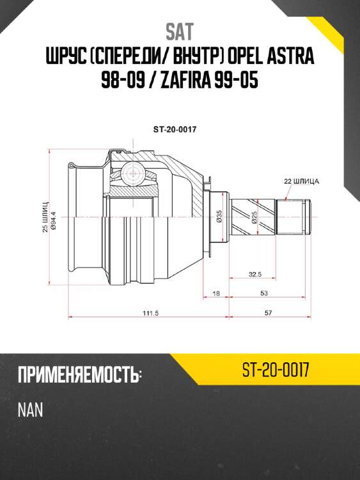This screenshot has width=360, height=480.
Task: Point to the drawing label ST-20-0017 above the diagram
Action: (x=174, y=128)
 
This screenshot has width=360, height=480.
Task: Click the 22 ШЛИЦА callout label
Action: (x=301, y=182)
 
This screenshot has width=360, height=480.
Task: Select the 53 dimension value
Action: (x=264, y=293)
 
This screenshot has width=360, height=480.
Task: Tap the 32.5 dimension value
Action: (x=255, y=275)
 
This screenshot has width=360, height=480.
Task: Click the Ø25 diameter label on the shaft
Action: (x=254, y=218)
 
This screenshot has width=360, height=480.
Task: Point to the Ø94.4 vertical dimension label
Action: (x=54, y=218)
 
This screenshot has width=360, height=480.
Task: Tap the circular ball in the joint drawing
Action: (x=132, y=171)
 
